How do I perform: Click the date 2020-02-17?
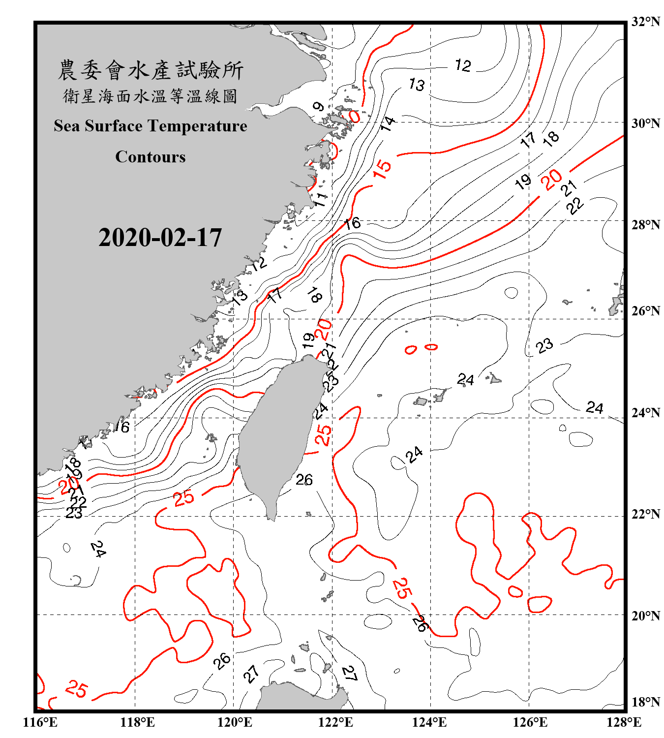tap(160, 237)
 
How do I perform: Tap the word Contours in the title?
tap(151, 156)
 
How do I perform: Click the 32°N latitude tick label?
tap(645, 22)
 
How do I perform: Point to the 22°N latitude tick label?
tap(645, 514)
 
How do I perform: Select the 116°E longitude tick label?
tap(40, 722)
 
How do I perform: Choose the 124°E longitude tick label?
tap(429, 722)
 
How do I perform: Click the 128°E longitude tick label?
tap(624, 722)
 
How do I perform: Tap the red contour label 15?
tap(382, 168)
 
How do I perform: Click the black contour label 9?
tap(318, 107)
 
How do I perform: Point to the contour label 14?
tap(388, 123)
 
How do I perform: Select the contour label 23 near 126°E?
tap(544, 346)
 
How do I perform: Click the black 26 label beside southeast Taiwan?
tap(304, 479)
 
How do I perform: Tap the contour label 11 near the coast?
tap(320, 199)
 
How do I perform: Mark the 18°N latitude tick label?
tap(645, 702)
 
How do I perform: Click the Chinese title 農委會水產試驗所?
tap(151, 70)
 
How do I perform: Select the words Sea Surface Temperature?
tap(151, 126)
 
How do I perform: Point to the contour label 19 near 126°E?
tap(523, 182)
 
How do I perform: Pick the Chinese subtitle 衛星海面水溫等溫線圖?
tap(151, 96)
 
